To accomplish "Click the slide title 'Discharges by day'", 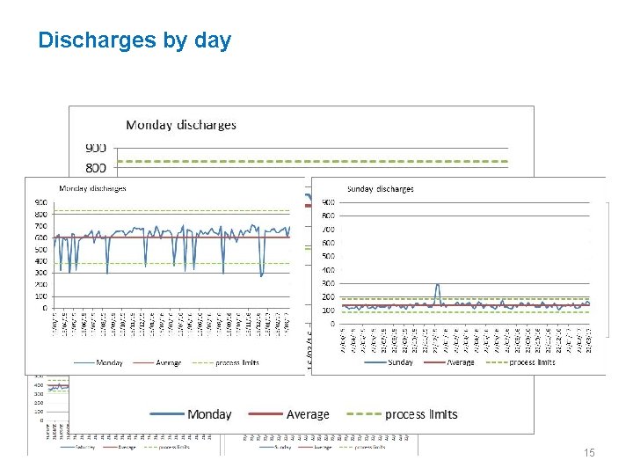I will tap(135, 40).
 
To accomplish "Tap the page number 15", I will tap(589, 452).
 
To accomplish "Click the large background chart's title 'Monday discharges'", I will tap(181, 125).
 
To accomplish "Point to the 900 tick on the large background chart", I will tap(96, 147).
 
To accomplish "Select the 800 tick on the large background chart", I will tap(96, 167).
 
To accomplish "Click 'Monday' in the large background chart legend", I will tap(209, 414).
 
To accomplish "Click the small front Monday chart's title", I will tap(92, 188).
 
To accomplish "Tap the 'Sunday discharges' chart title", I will tap(380, 188).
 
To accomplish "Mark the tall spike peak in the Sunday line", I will tap(437, 284).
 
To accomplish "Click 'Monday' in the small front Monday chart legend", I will tap(110, 362).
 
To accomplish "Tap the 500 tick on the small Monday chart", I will tap(40, 249).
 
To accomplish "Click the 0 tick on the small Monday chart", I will tap(45, 308).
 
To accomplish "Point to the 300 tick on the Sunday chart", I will tap(327, 283).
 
